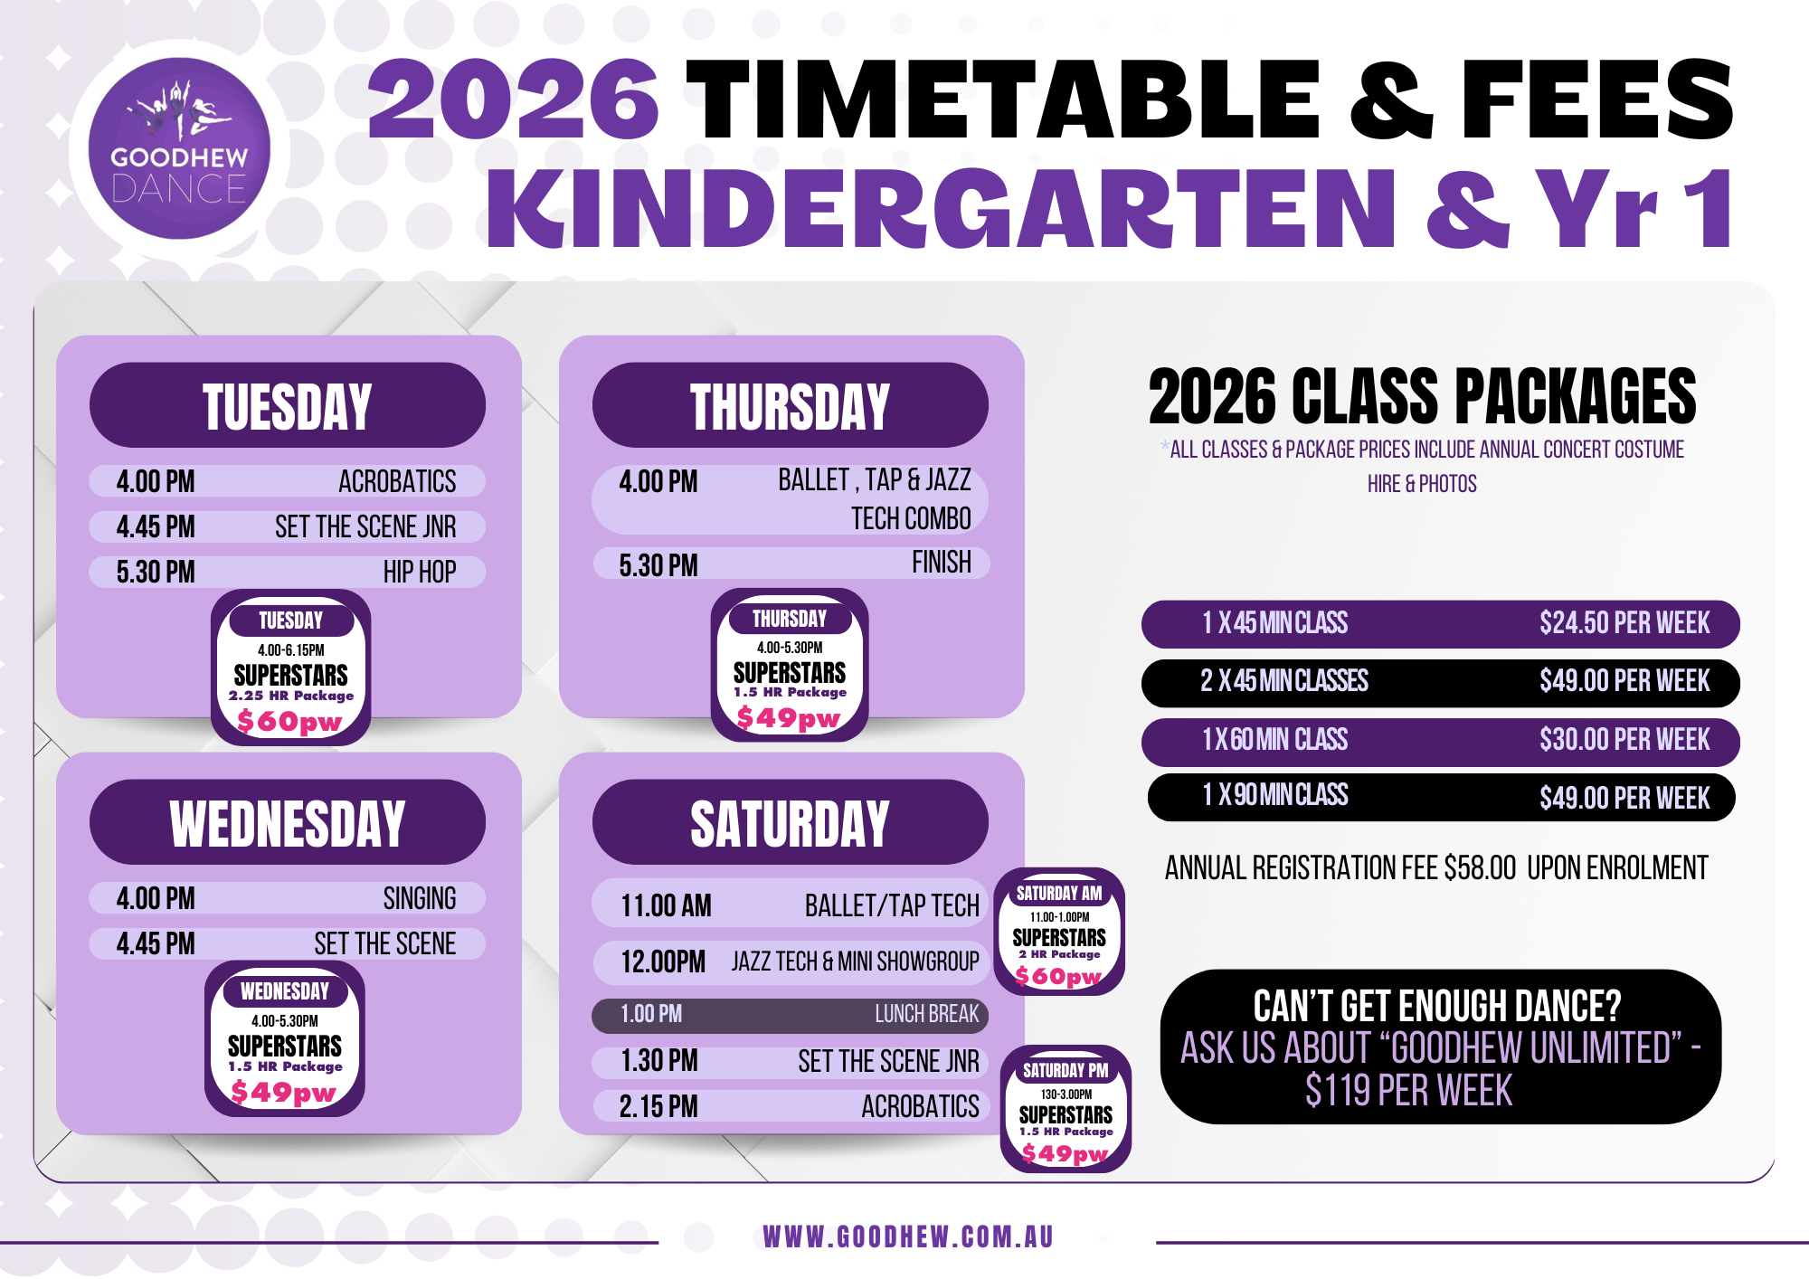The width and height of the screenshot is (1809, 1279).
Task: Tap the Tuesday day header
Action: [x=288, y=405]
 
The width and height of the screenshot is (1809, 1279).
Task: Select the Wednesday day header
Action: [x=288, y=822]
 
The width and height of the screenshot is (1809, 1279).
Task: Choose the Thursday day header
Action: [x=791, y=405]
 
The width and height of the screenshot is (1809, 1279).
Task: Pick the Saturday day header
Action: [x=791, y=822]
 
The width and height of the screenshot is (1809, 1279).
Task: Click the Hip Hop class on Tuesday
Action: [x=420, y=572]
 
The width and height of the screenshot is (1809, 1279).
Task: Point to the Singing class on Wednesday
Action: [x=420, y=898]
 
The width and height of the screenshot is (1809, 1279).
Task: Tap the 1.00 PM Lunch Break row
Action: [x=791, y=1015]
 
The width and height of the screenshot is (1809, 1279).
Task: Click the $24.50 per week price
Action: [x=1624, y=623]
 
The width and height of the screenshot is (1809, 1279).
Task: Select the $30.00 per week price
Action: [x=1624, y=740]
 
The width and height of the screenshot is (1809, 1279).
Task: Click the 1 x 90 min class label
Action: [x=1275, y=795]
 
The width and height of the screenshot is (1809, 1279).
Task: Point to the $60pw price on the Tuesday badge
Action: [x=289, y=722]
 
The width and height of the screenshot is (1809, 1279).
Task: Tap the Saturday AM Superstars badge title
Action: [x=1059, y=894]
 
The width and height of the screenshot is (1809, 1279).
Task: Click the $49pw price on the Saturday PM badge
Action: [x=1065, y=1153]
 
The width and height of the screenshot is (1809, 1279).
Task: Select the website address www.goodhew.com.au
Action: [x=908, y=1236]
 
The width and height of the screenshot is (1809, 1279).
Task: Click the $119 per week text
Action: [x=1408, y=1091]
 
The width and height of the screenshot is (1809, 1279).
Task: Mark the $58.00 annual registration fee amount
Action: [x=1480, y=868]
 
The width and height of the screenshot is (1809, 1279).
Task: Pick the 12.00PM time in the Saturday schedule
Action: [x=663, y=962]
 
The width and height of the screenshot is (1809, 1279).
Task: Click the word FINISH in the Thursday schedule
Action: [x=942, y=563]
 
